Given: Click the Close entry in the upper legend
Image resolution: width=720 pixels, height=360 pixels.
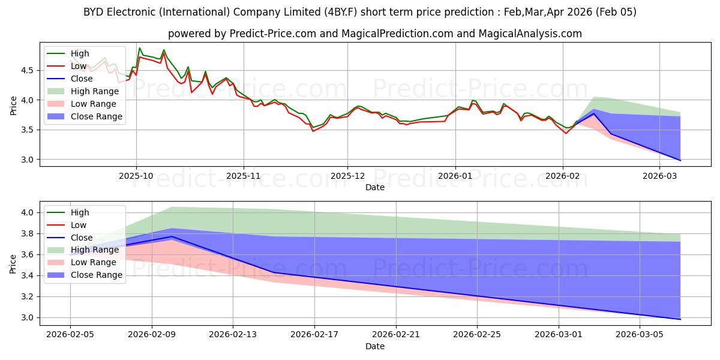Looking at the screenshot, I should (x=81, y=79).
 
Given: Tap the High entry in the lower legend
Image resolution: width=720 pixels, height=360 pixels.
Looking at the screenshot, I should (x=80, y=212).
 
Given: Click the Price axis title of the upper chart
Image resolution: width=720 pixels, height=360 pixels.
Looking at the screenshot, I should (x=13, y=104).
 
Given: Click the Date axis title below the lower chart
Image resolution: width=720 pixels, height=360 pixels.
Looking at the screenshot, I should (x=375, y=347).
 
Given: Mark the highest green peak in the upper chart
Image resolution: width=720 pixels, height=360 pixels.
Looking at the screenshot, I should (x=140, y=48).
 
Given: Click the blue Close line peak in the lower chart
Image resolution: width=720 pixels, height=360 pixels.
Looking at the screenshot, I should (x=172, y=236).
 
